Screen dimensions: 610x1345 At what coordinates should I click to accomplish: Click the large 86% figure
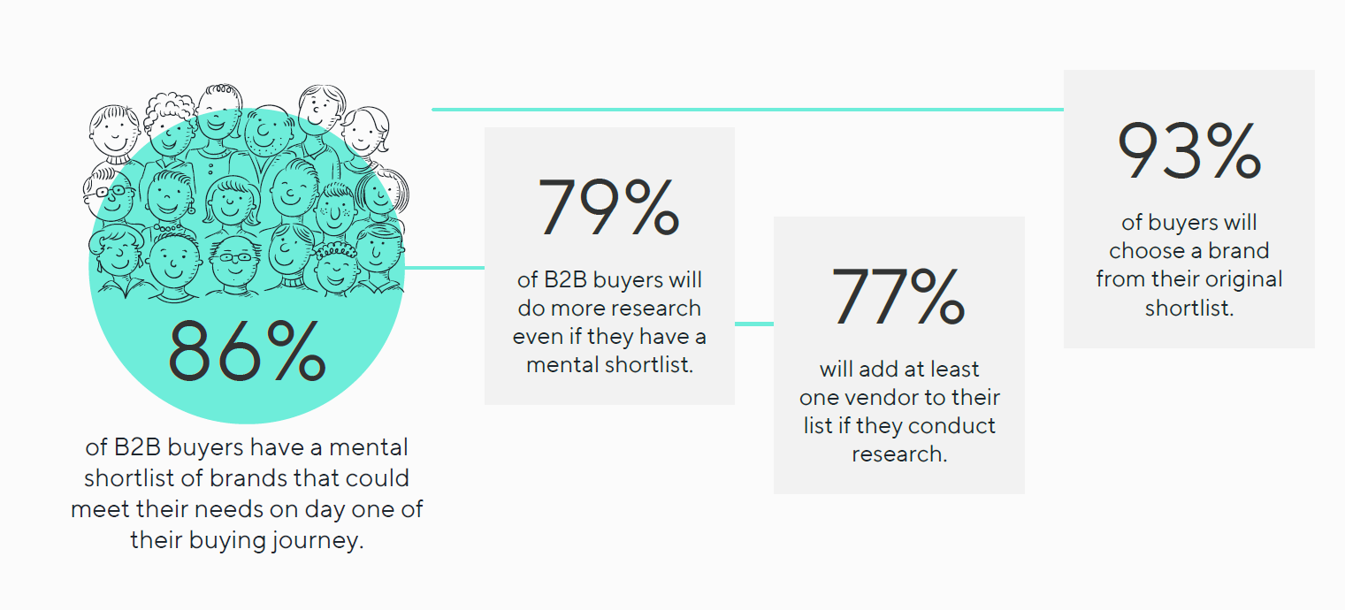(247, 351)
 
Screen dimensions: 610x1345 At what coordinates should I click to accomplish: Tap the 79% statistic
(608, 208)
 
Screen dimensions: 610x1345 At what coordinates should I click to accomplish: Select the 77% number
(898, 296)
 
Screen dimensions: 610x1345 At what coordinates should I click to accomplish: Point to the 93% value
(1189, 151)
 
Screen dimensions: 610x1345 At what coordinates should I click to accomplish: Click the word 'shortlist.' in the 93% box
(1189, 308)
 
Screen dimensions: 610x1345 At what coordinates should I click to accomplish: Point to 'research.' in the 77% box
(898, 454)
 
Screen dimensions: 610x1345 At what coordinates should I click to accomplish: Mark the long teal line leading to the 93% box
(747, 110)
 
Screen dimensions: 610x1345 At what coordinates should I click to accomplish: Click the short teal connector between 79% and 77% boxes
(753, 324)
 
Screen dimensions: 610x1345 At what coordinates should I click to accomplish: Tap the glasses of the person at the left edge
(110, 192)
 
